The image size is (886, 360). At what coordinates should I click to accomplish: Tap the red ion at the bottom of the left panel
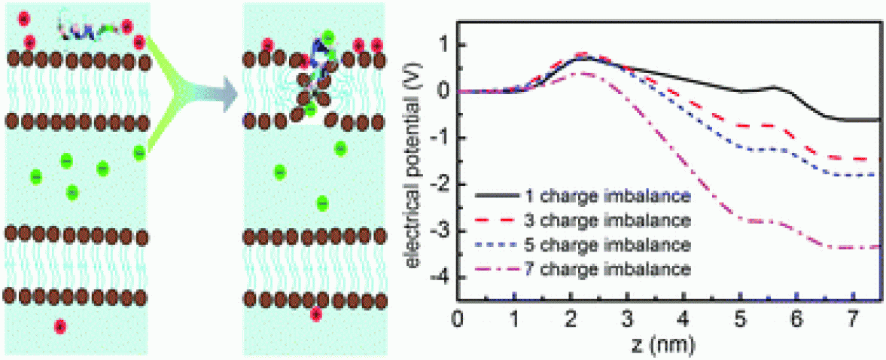point(61,326)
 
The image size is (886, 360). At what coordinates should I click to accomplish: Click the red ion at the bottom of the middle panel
point(316,315)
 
